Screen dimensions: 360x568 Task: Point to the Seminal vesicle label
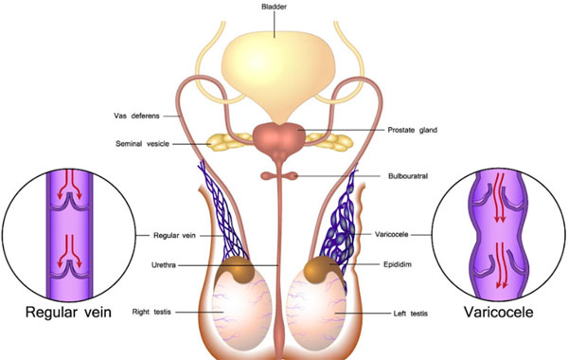138,144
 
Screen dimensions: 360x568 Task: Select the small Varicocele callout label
393,234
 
